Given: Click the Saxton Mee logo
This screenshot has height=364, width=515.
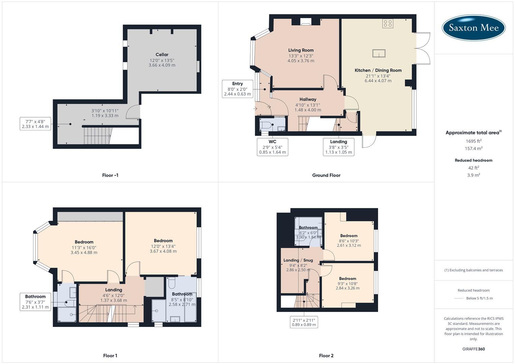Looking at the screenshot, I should tap(474, 28).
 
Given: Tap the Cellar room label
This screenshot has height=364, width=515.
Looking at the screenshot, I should tap(162, 55).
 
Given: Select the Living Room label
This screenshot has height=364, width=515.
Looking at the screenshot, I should tap(301, 50).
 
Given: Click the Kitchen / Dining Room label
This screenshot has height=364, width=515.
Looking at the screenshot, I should tap(378, 70).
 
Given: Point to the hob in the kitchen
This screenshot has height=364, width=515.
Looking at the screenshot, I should tap(388, 23).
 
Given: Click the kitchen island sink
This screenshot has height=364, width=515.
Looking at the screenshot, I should tap(379, 53).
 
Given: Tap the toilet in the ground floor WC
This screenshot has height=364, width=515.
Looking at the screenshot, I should tap(266, 126).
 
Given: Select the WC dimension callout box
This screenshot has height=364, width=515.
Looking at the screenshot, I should tap(273, 147).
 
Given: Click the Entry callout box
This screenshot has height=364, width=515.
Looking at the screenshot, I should tap(237, 89).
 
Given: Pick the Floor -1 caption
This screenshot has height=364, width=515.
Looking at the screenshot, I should tap(110, 175).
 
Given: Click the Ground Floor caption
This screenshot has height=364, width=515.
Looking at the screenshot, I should tap(326, 175).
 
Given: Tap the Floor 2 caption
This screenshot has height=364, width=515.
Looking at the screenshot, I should tap(326, 356).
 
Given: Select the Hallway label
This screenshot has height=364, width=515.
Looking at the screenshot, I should tap(308, 99).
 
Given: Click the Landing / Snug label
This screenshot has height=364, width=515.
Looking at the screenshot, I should tap(298, 260).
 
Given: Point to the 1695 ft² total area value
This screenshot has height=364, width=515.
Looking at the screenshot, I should tap(474, 141).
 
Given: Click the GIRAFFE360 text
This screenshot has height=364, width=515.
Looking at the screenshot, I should tap(474, 349).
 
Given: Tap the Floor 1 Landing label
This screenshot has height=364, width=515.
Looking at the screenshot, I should tap(114, 290).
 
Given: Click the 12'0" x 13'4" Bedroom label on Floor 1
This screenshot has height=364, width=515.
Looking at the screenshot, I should tap(163, 241).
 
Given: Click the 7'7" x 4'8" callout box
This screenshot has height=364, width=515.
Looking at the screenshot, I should tap(35, 124).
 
